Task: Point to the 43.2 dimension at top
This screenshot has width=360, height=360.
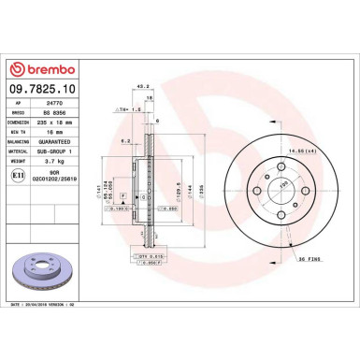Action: tap(143, 88)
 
